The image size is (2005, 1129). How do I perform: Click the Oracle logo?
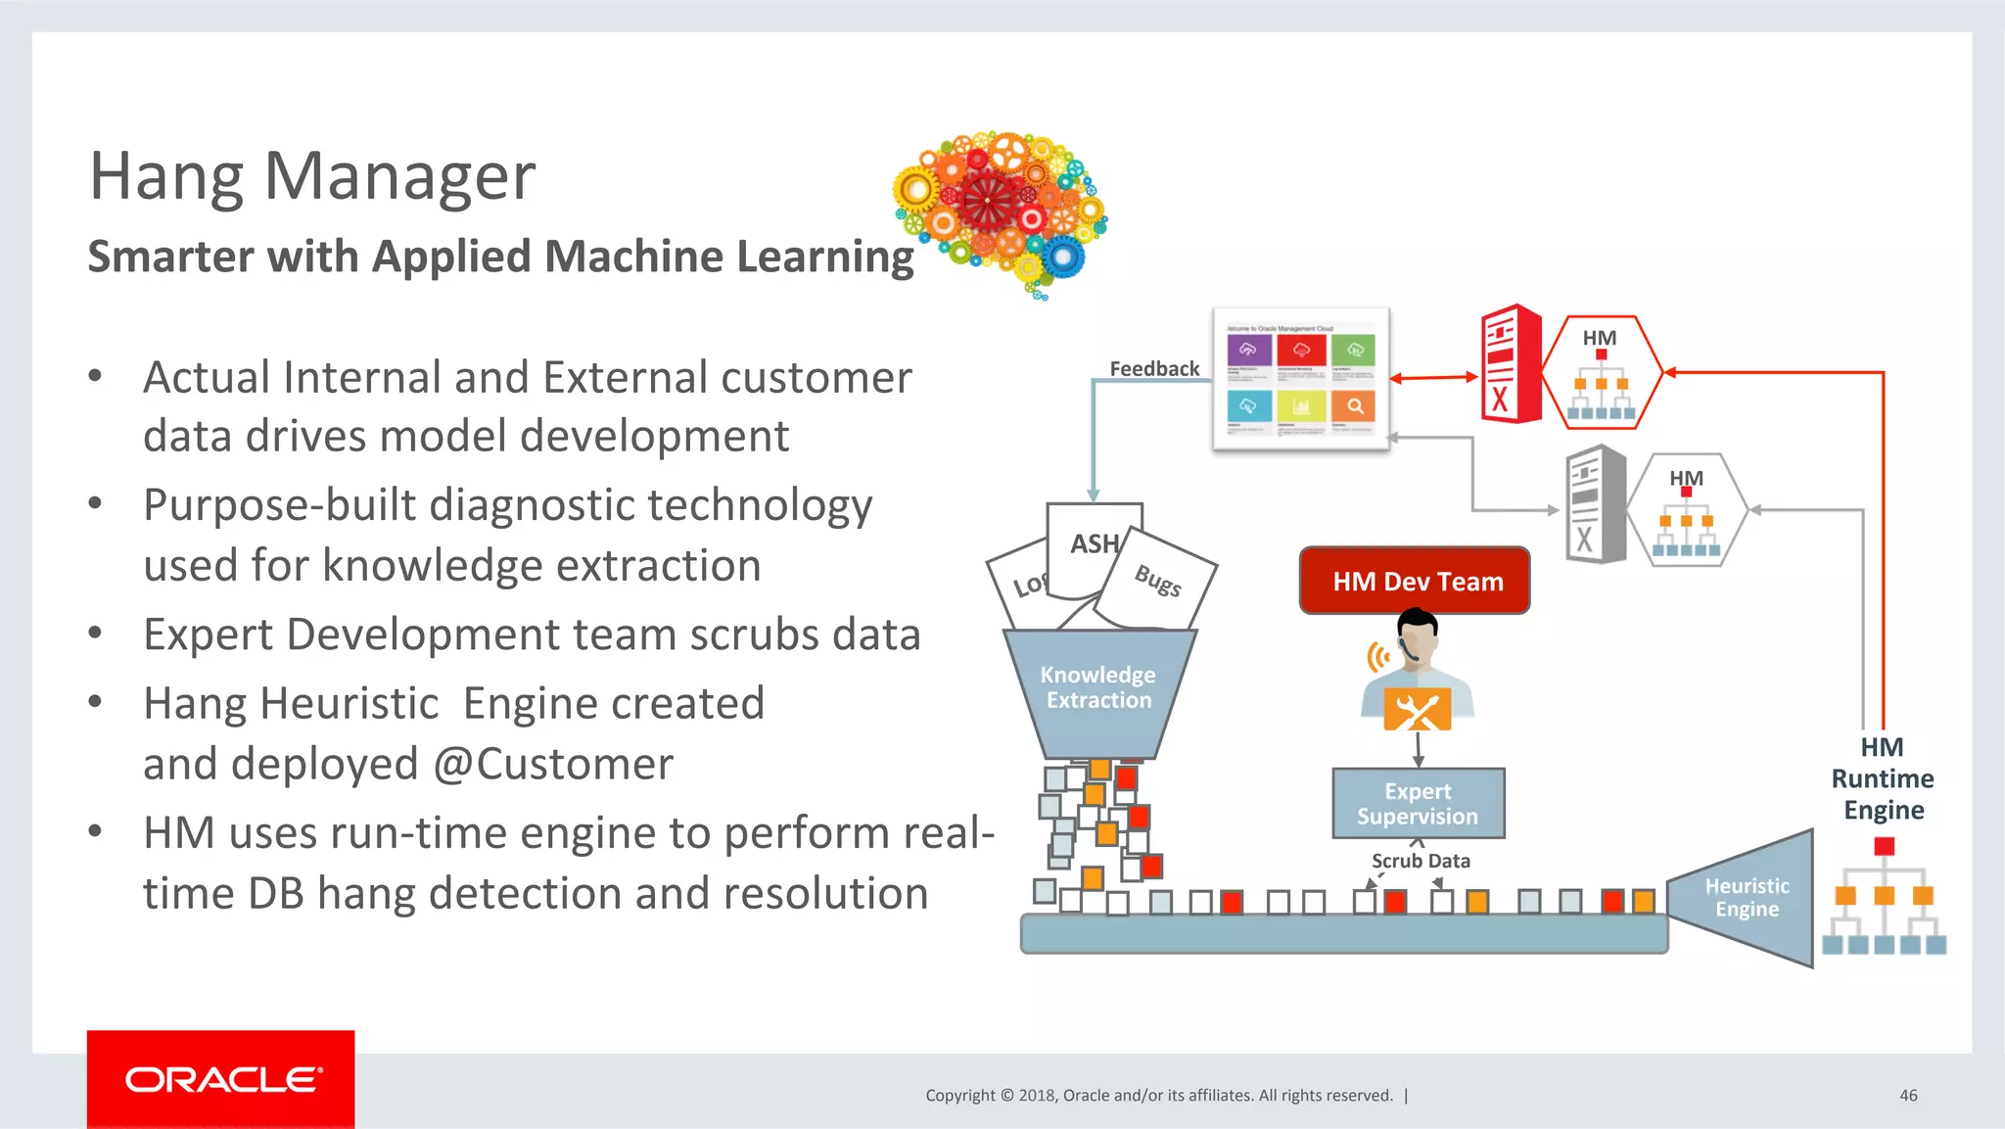tap(221, 1079)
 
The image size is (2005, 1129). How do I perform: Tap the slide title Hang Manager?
tap(312, 177)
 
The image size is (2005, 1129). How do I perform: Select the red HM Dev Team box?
tap(1415, 581)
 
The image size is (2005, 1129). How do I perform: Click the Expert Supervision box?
tap(1418, 804)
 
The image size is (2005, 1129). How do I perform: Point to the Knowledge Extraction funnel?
tap(1098, 689)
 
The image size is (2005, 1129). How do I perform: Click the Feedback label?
tap(1154, 369)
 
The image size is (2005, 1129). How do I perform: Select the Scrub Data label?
tap(1421, 861)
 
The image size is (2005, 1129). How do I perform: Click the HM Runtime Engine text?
tap(1883, 778)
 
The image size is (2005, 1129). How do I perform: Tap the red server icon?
tap(1511, 364)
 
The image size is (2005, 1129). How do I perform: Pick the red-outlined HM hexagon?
tap(1602, 373)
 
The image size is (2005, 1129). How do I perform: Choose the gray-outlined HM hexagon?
tap(1687, 510)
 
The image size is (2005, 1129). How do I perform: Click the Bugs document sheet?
tap(1158, 581)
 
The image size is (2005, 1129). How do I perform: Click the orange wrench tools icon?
tap(1417, 710)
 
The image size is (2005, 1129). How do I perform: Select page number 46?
tap(1908, 1095)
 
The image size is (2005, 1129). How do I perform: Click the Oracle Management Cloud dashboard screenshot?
tap(1301, 379)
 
